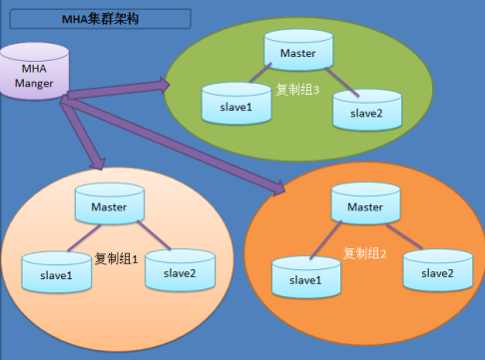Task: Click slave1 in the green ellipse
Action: [237, 104]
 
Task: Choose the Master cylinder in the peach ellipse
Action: [109, 205]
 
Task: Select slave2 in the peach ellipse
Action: [179, 271]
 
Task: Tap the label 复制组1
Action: [114, 258]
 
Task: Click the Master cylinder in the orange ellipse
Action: [364, 204]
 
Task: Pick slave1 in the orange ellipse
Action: [305, 278]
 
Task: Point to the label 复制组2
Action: [363, 253]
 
